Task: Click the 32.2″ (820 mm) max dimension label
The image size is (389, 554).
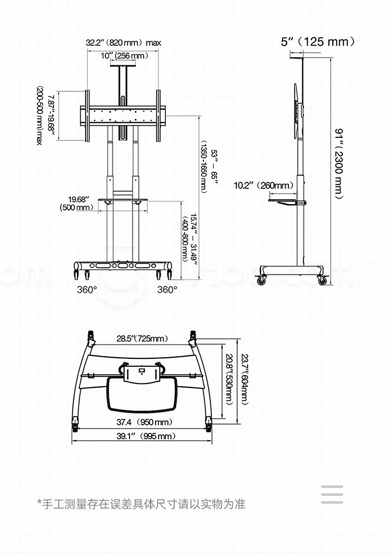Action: coord(124,43)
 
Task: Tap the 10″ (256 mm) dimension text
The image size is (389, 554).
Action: coord(124,56)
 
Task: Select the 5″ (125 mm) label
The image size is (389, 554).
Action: coord(318,41)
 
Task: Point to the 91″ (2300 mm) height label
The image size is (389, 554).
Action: coord(338,164)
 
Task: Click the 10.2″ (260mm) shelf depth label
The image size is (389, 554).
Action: coord(263,185)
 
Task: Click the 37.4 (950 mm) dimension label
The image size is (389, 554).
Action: coord(144,422)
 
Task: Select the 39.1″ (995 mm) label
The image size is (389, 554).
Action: coord(146,436)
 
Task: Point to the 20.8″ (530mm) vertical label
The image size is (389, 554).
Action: coord(229,379)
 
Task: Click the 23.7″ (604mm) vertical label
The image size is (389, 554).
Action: coord(245,379)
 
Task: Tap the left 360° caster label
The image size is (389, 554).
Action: coord(87,290)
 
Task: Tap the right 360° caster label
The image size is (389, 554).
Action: coord(167,290)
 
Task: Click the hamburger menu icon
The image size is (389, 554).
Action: coord(332,494)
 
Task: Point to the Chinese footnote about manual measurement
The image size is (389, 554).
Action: coord(141,504)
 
